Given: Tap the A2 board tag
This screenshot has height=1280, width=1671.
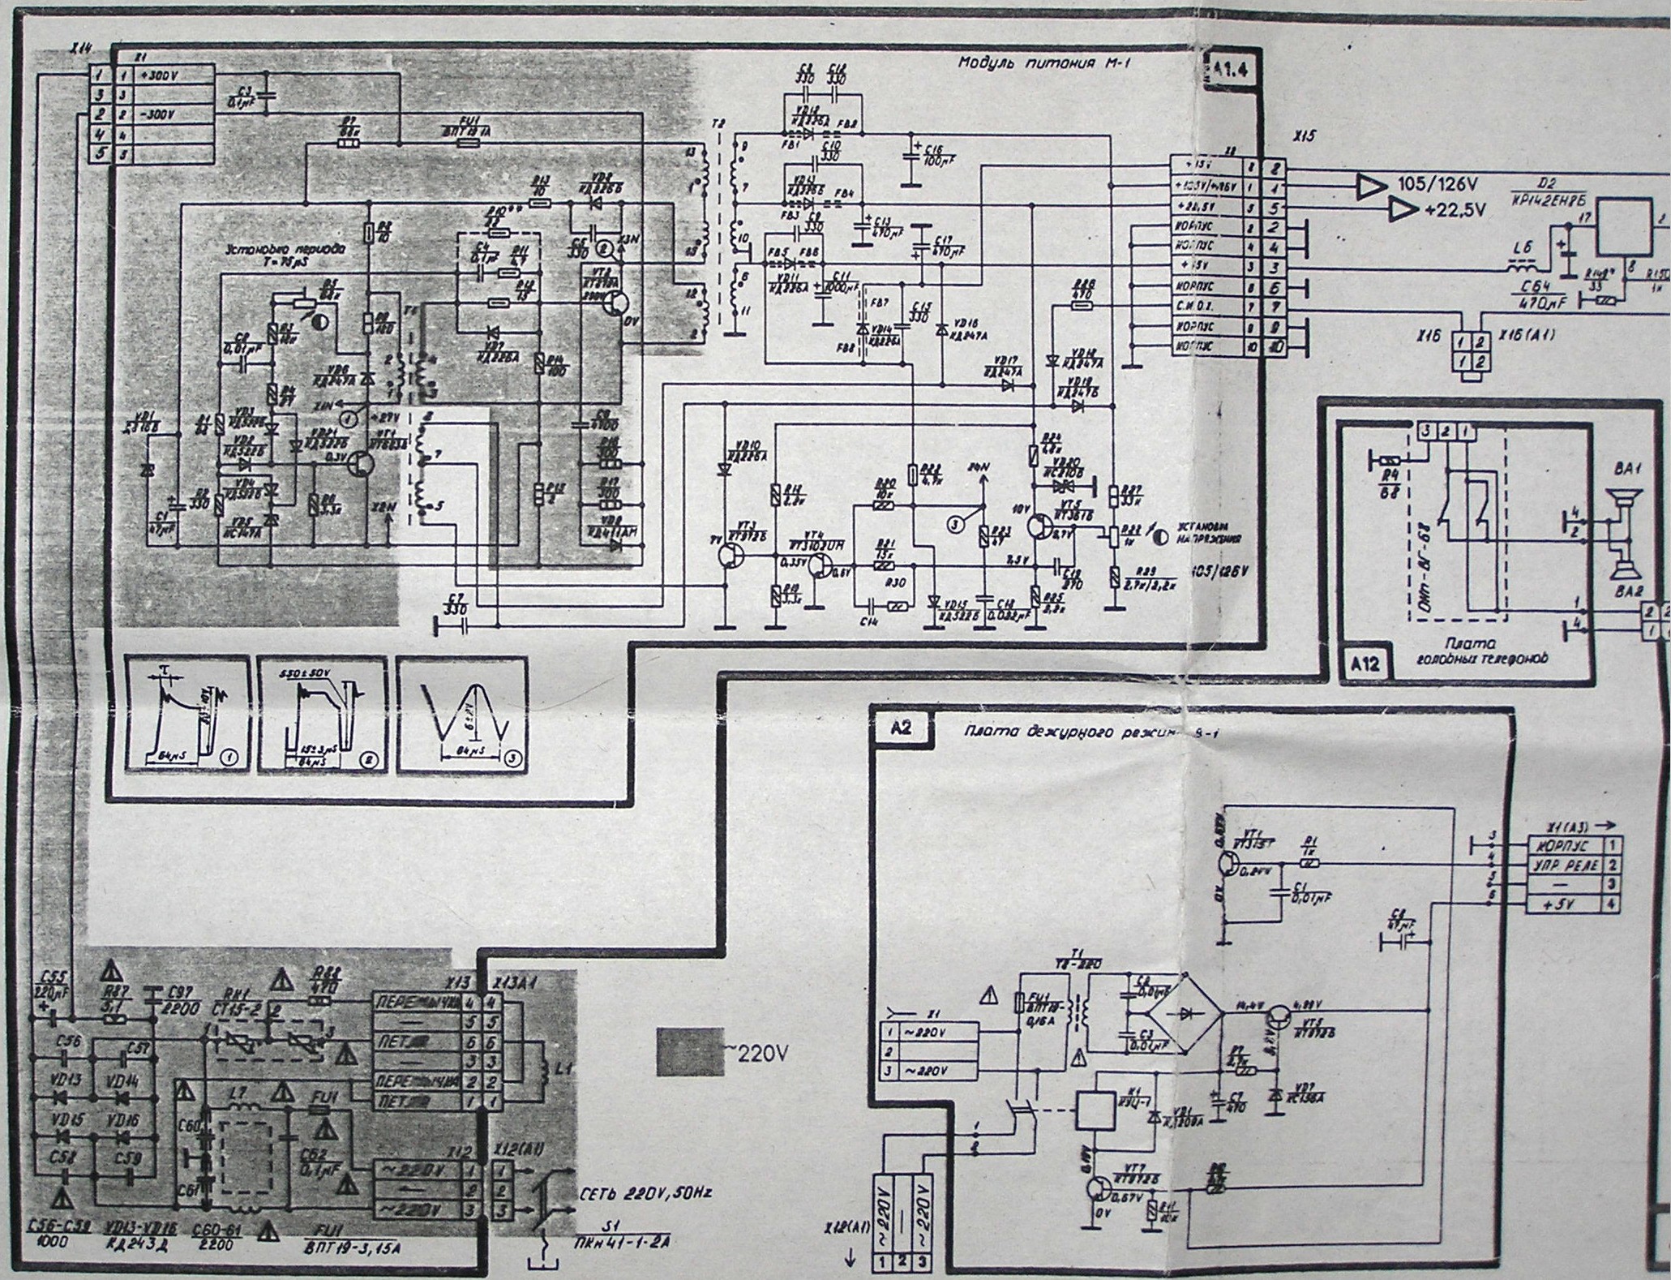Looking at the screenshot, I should point(900,727).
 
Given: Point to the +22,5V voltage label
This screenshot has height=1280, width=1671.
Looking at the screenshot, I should point(1455,210).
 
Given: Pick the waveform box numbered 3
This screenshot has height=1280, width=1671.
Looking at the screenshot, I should point(462,713).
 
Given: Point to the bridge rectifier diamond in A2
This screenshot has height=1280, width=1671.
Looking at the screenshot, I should point(1189,1013).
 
